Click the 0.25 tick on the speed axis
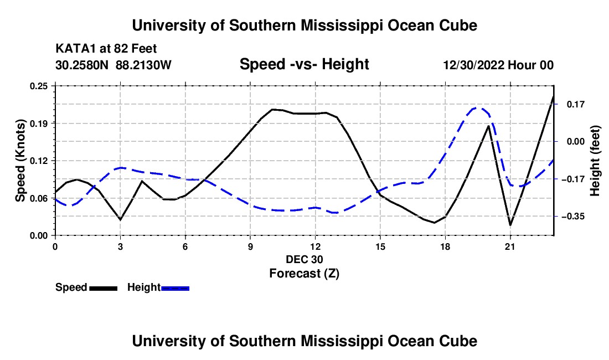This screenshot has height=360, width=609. point(39,86)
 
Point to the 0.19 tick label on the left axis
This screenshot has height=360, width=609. point(39,124)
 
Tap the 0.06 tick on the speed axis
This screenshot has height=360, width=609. point(39,198)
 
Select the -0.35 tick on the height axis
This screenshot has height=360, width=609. point(573,217)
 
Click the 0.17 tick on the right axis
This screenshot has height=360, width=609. point(576,104)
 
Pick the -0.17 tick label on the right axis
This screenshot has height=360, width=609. point(573,179)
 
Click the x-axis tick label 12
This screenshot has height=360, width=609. point(316,246)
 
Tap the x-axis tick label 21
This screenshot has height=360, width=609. point(510,246)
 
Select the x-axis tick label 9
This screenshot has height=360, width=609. point(250,246)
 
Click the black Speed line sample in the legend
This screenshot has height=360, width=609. point(104,289)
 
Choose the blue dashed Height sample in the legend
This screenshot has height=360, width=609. point(175,289)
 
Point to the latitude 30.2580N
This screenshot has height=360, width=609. point(82,65)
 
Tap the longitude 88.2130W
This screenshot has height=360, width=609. point(143,65)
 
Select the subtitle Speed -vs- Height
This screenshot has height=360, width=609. point(304,64)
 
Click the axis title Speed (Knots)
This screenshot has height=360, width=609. point(20,161)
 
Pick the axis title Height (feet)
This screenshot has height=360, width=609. point(595,161)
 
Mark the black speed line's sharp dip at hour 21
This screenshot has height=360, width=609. point(510,224)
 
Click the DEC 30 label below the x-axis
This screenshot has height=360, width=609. point(304,259)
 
